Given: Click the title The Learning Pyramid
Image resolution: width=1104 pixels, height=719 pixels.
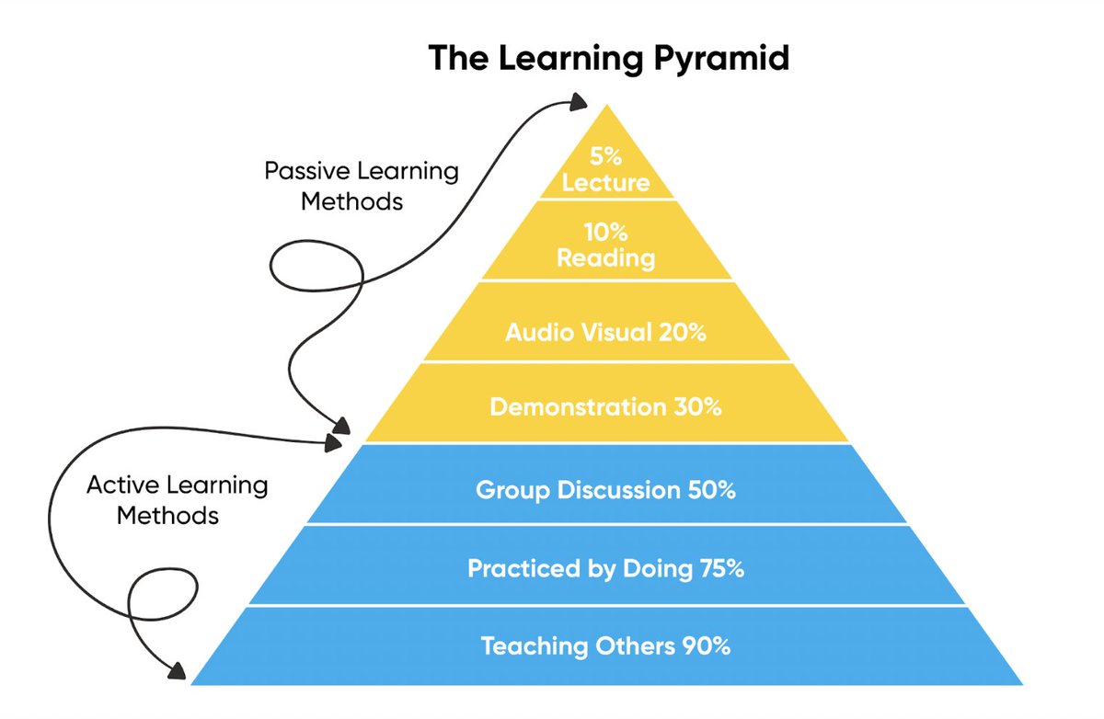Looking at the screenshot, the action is click(608, 58).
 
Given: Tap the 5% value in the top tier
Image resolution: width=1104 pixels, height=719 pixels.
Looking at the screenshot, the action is click(605, 155).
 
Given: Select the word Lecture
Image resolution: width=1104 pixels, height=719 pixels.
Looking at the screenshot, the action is click(605, 182).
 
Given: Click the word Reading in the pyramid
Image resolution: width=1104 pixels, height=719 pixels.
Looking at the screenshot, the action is click(605, 258).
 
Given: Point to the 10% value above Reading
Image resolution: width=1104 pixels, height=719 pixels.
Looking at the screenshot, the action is click(605, 232).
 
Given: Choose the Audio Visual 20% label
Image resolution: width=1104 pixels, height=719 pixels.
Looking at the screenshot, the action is click(605, 333).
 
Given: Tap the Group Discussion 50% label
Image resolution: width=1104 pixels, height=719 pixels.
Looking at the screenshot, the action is click(605, 490).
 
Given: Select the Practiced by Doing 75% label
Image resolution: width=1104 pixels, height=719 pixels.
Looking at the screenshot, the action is click(605, 569).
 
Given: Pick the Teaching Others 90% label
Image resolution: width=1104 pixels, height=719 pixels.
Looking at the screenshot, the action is click(605, 646).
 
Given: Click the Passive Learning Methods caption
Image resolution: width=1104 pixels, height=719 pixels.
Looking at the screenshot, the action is click(361, 186).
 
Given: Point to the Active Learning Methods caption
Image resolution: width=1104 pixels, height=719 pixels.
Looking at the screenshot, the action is click(177, 499).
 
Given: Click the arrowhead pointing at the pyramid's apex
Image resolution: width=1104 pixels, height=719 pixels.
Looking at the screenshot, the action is click(580, 100).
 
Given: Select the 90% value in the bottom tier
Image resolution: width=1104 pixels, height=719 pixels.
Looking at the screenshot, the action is click(707, 646).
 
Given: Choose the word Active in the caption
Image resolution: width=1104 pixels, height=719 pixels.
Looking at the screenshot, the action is click(121, 485).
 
